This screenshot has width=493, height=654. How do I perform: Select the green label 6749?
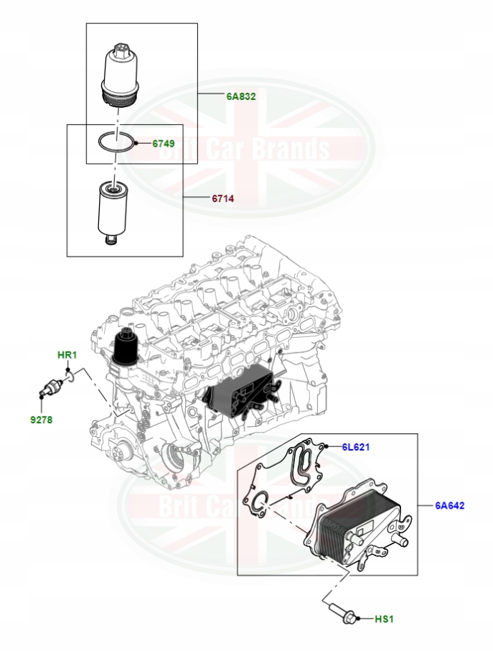click(x=163, y=143)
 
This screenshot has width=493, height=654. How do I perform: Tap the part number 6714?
click(x=222, y=198)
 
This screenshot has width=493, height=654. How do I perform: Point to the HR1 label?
click(x=67, y=355)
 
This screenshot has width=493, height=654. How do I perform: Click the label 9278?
click(x=41, y=419)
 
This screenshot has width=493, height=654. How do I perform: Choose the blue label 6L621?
click(x=355, y=447)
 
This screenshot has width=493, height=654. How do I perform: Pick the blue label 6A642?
click(x=449, y=505)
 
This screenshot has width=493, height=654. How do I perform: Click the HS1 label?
click(x=385, y=618)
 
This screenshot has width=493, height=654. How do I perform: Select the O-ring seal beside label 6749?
click(x=115, y=142)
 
